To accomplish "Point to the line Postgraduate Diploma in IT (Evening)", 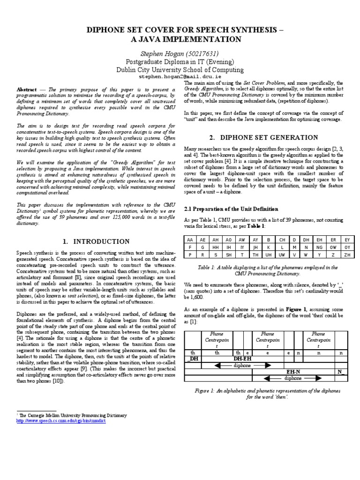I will click(x=180, y=61).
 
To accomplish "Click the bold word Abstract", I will click(x=26, y=89).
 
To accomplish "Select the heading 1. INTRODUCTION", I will click(x=96, y=241).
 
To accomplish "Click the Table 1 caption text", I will click(x=267, y=270).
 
